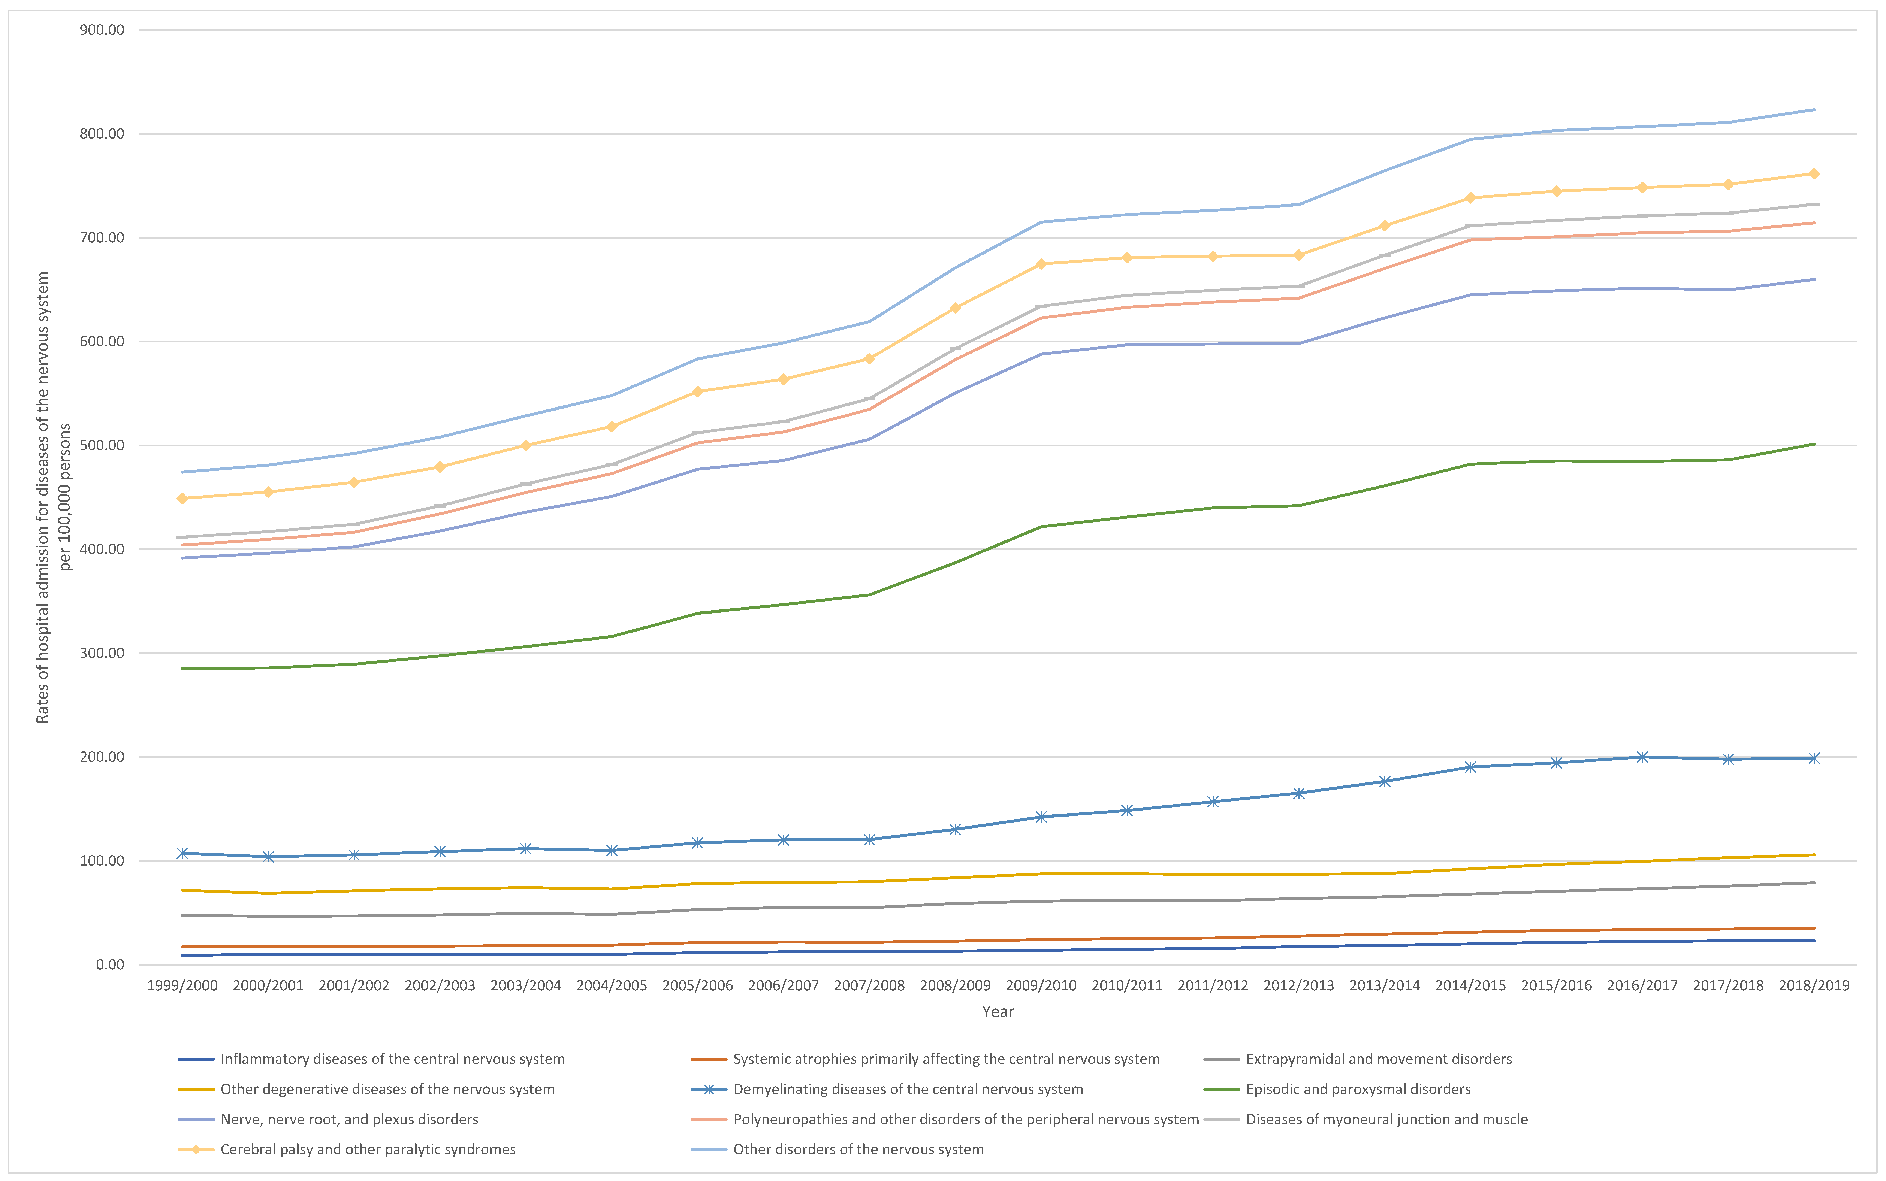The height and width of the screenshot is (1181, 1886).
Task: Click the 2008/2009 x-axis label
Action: tap(955, 986)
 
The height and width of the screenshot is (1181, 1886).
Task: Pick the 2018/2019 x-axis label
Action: tap(1813, 986)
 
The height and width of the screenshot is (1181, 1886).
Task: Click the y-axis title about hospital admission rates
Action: tap(53, 497)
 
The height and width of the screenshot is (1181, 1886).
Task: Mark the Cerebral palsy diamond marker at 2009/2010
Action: tap(1041, 264)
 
